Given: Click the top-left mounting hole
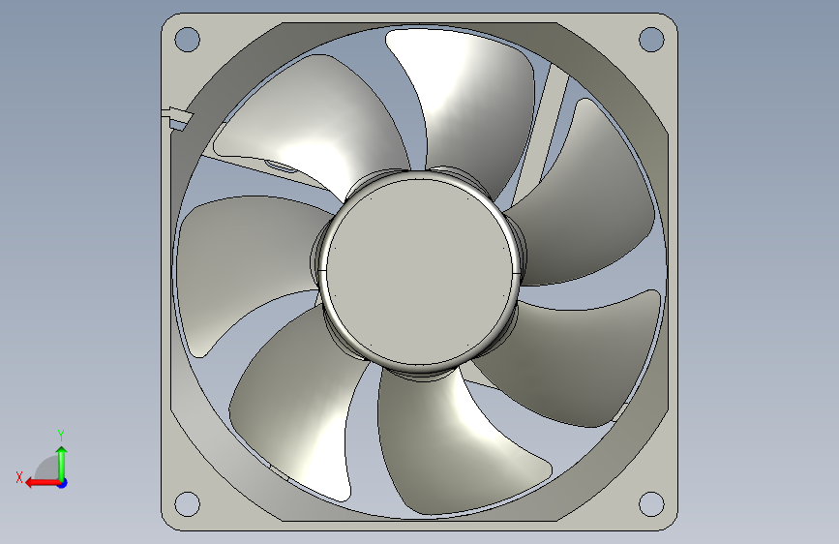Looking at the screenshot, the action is click(188, 40).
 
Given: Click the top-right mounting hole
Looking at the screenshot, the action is click(651, 40).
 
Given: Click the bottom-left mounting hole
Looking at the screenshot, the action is click(188, 504).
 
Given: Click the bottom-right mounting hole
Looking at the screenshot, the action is click(651, 504).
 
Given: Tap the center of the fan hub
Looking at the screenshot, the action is click(419, 271).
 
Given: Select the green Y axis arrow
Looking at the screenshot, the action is click(62, 465).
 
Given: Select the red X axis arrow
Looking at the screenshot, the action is click(44, 483).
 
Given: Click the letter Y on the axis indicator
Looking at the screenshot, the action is click(61, 435).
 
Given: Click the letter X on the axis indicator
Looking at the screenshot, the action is click(19, 477).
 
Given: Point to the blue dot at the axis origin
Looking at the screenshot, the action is click(63, 483).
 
